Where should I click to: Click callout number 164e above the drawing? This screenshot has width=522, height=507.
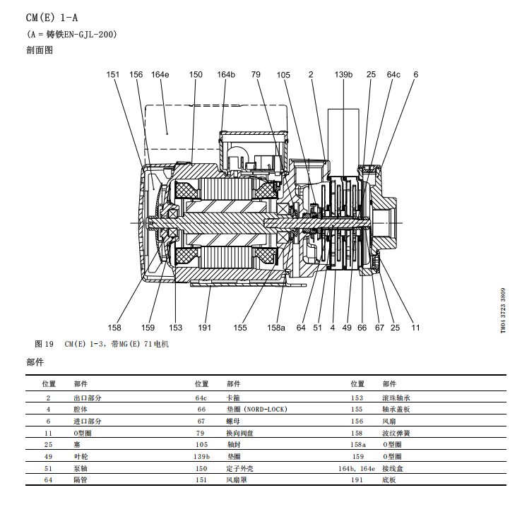coord(160,74)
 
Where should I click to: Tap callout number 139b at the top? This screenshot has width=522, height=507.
coord(343,74)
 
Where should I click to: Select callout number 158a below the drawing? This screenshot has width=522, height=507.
coord(276,328)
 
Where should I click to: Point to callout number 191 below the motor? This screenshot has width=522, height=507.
coord(205,328)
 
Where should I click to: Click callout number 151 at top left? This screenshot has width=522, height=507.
coord(114,74)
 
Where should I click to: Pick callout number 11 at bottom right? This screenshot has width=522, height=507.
coord(416,328)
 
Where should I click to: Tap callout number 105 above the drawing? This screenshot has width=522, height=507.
coord(283,74)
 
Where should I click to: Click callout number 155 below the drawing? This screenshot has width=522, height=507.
coord(240,328)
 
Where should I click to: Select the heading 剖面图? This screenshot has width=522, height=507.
coord(40,50)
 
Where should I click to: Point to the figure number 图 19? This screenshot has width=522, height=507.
coord(44,345)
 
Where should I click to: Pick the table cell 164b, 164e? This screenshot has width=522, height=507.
coord(355,468)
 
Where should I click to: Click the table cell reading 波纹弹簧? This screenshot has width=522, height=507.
coord(396,433)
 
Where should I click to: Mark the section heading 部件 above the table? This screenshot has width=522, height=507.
coord(35,362)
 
